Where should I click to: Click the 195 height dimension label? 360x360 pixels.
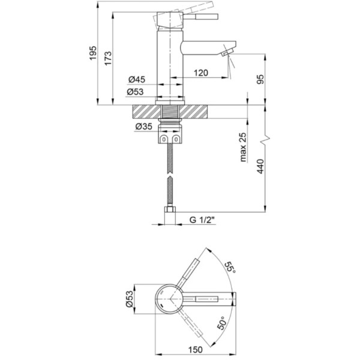(93, 53)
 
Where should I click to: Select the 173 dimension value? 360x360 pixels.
(108, 59)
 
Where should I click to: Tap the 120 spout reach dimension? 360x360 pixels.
(201, 73)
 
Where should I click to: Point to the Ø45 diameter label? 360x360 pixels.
(137, 79)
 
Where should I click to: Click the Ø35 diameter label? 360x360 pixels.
(144, 126)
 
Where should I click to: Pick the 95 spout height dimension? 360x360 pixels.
(260, 79)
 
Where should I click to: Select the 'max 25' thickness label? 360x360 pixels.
(243, 147)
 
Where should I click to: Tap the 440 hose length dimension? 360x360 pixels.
(260, 166)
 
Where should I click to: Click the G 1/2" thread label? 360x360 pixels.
(202, 220)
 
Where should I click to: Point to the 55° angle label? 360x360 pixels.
(230, 267)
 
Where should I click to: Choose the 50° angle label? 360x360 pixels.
(221, 323)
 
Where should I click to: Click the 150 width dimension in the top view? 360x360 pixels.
(196, 350)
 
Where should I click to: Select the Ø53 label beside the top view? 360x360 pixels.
(129, 299)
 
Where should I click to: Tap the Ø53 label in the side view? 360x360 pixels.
(135, 92)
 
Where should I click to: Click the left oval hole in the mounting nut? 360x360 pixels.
(164, 139)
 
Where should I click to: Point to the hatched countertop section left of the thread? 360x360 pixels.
(147, 112)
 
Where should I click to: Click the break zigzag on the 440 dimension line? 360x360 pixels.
(265, 139)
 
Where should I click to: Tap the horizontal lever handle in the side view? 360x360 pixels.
(200, 17)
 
